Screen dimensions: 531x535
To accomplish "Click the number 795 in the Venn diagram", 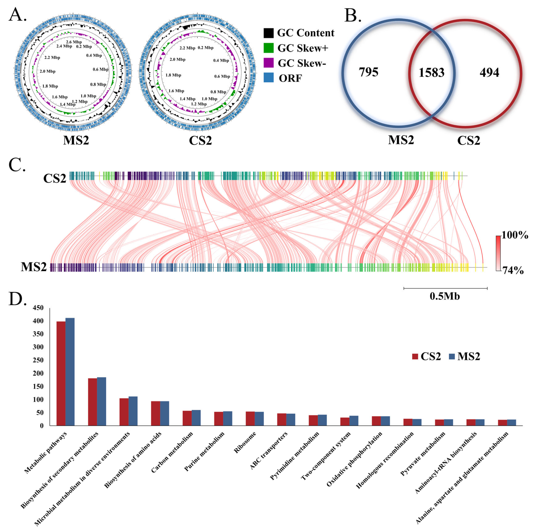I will pos(368,72).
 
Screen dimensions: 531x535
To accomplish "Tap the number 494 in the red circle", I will pos(489,73).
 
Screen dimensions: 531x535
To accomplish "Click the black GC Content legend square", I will pos(268,33).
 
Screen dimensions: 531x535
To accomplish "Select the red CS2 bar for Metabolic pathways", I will pos(61,373).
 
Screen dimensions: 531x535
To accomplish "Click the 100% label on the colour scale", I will pos(515,235).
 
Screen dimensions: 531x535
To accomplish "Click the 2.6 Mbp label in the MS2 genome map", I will pos(74,42).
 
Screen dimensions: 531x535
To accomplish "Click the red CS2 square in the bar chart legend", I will pos(415,356).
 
